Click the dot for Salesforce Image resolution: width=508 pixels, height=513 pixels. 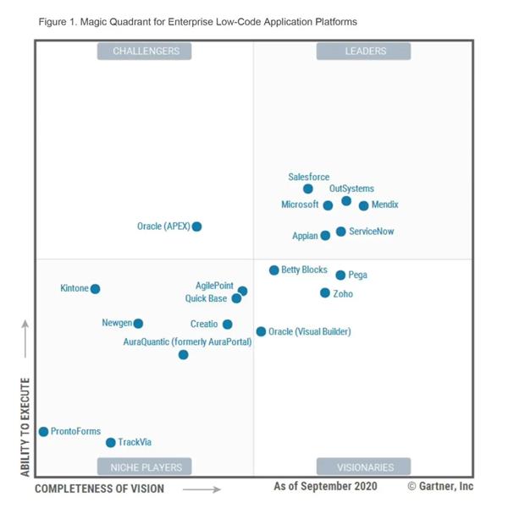click(x=308, y=188)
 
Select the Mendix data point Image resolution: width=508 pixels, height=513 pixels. click(x=364, y=205)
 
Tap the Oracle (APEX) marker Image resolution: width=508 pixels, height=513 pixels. click(x=196, y=226)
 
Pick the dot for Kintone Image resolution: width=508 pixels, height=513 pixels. click(x=95, y=289)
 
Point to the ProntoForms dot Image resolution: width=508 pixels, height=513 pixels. click(x=43, y=431)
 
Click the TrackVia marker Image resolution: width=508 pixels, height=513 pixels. click(x=110, y=442)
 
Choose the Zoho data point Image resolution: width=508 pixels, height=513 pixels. click(x=325, y=293)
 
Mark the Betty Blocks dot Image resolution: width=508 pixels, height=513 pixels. click(x=274, y=270)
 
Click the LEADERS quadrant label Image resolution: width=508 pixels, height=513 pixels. click(x=363, y=52)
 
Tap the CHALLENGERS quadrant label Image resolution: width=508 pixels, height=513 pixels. click(x=145, y=52)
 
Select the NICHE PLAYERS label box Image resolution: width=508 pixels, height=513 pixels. click(x=145, y=467)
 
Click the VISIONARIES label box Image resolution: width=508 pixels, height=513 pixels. click(x=363, y=467)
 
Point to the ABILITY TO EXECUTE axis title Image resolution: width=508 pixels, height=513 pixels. click(x=25, y=427)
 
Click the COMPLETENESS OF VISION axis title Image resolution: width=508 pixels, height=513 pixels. click(x=100, y=488)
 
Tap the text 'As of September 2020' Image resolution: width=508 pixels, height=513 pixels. click(x=325, y=487)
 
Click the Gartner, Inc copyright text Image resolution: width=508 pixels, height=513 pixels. click(x=440, y=487)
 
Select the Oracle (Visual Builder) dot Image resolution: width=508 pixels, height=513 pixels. click(x=261, y=331)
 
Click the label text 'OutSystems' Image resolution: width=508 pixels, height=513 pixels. click(x=351, y=188)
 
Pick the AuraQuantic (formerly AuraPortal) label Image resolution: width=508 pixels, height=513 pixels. click(x=187, y=342)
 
